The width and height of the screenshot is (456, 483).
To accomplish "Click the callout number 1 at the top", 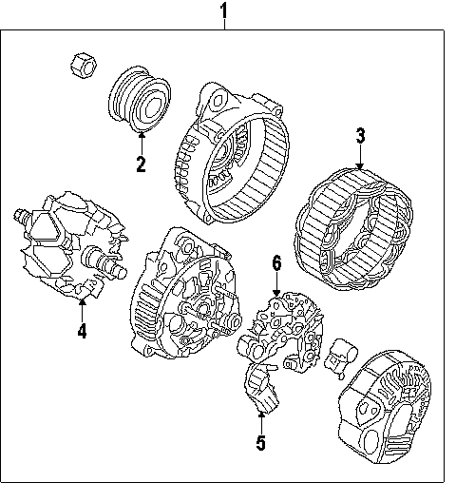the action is pos(224,10).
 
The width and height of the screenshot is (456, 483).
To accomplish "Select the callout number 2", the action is pos(141,164).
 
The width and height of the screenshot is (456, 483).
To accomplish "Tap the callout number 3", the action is pos(360,136).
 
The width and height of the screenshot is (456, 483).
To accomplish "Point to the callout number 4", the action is pos(82,331).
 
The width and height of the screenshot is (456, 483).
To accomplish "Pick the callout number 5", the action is pos(260,442).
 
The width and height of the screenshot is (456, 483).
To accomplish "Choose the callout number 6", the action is pos(276,263).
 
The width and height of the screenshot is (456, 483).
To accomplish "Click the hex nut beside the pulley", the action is pos(83,66).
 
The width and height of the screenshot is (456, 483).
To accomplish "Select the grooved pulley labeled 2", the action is pos(140,99).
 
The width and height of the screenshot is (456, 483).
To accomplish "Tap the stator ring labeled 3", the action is pos(353,229).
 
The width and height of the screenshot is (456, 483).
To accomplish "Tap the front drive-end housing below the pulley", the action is pos(232,153).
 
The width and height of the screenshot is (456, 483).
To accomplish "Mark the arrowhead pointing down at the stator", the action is pos(360,166).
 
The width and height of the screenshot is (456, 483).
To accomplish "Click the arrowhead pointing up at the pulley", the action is pos(142,135).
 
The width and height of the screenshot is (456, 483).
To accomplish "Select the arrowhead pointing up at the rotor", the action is pos(82,301).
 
